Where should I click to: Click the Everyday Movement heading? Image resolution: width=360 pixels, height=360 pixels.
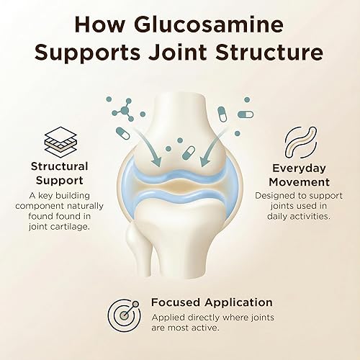tap(297, 174)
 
